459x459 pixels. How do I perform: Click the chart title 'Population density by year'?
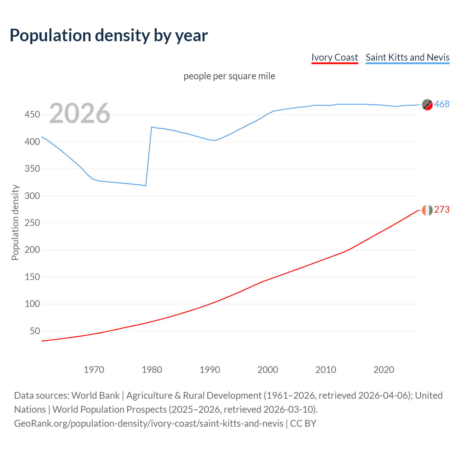(109, 36)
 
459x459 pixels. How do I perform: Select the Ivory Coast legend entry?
(335, 57)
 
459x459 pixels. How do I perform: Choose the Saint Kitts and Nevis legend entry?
(407, 57)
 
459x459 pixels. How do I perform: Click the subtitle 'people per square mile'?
(229, 76)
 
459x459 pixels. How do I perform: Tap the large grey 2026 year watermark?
(80, 113)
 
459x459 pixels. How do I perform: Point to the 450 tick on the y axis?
(32, 115)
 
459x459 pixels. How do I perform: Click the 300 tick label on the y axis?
(32, 196)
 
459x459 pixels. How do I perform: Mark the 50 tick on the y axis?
(35, 331)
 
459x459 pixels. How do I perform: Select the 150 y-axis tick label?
(32, 277)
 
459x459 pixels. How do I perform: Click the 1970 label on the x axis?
(94, 370)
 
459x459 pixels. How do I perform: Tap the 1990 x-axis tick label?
(210, 370)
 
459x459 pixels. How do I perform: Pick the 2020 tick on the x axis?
(384, 370)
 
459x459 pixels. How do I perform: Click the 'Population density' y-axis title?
(15, 222)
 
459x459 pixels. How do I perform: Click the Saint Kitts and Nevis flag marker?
(427, 105)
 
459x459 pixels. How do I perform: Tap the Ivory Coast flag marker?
(427, 210)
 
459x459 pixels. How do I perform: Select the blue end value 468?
(442, 104)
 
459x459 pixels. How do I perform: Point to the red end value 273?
(442, 210)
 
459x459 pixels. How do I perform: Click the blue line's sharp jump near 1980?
(149, 156)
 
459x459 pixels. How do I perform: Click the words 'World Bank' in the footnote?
(95, 396)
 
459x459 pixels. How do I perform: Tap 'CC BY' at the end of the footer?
(303, 423)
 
